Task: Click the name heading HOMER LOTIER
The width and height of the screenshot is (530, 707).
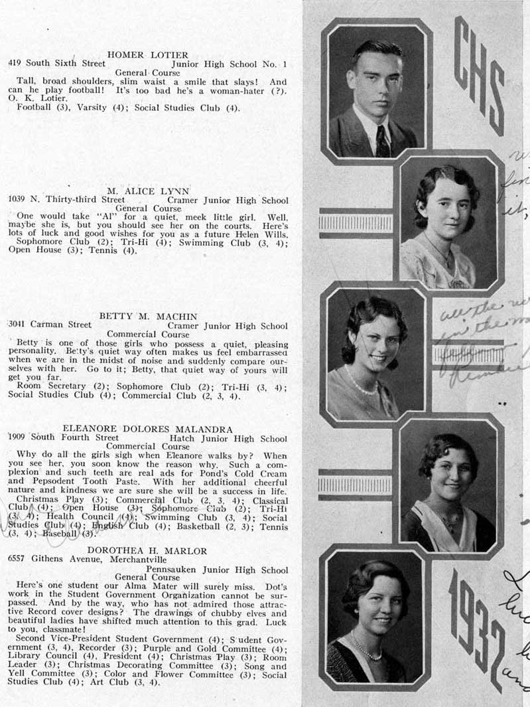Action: pyautogui.click(x=147, y=54)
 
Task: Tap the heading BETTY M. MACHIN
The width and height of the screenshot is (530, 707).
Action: pyautogui.click(x=148, y=316)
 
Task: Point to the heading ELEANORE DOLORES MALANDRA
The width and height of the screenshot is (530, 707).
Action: pyautogui.click(x=147, y=430)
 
